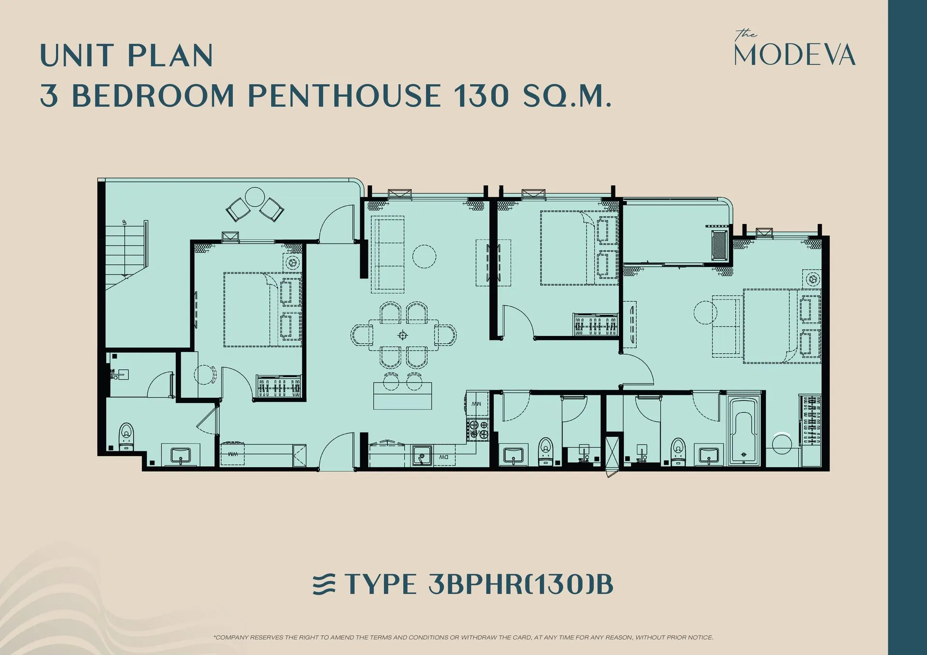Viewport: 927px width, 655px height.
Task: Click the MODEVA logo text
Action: click(795, 55)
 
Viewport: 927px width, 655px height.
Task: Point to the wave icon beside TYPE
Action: click(324, 584)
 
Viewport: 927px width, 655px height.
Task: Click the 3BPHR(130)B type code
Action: click(521, 584)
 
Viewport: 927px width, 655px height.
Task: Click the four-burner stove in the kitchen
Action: click(478, 430)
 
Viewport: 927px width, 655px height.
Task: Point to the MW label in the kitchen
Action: click(477, 404)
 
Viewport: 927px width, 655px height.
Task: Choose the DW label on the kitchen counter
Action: click(443, 457)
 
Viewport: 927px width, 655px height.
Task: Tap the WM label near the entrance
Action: click(233, 454)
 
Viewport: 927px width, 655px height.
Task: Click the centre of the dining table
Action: click(403, 335)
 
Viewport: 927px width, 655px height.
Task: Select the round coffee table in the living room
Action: click(424, 256)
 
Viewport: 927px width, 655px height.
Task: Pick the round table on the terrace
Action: click(255, 197)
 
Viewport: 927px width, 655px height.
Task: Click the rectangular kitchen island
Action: click(402, 396)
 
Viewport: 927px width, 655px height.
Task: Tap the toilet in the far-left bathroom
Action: click(126, 436)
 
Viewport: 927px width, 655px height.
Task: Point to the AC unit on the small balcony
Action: click(719, 245)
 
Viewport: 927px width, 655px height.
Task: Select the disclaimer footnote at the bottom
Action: click(463, 638)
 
